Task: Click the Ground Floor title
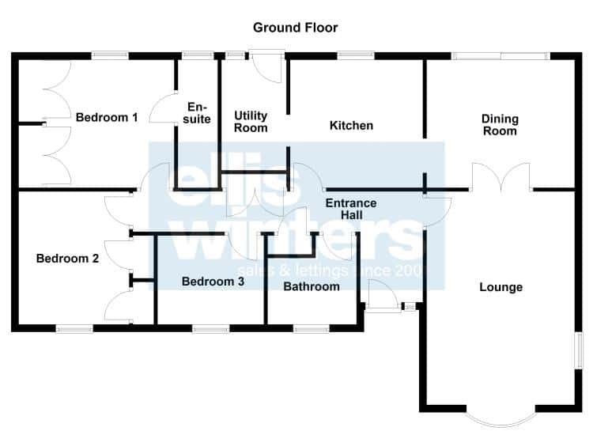coord(295,28)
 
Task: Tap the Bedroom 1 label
coord(107,117)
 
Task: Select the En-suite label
coord(197,113)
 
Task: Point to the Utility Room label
coord(251,122)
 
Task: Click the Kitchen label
coord(351,125)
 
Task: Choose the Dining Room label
coord(500,125)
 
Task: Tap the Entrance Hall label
coord(351,209)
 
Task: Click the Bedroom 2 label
coord(67,259)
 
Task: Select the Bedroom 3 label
coord(213,282)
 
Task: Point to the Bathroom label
coord(312,286)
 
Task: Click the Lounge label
coord(501,287)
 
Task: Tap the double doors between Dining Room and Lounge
coord(500,176)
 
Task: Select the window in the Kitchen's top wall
coord(356,56)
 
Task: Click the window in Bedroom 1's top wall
coord(110,56)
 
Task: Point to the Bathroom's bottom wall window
coord(312,328)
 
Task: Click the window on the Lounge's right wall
coord(578,350)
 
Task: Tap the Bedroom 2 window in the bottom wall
coord(74,328)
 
